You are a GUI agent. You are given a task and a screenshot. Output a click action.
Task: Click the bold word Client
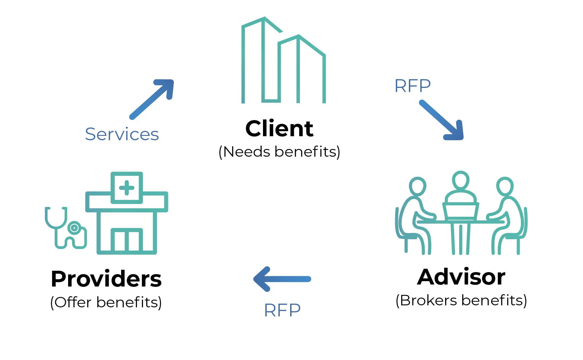(279, 128)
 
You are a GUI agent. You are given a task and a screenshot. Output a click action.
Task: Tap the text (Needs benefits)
(279, 152)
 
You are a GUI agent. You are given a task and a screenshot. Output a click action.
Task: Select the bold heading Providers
(106, 279)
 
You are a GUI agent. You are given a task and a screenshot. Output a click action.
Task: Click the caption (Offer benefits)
(106, 302)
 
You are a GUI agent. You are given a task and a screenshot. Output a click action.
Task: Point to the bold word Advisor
(461, 277)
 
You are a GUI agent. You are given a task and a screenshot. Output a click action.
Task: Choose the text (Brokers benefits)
(461, 301)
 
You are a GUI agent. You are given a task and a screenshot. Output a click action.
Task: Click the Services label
(122, 134)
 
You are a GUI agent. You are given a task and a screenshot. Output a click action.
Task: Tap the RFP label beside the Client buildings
(412, 86)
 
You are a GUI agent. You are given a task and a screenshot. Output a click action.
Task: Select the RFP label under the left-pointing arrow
(282, 310)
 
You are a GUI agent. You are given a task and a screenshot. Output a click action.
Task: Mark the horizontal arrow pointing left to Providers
(282, 279)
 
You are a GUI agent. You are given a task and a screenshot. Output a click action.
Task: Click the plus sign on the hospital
(127, 188)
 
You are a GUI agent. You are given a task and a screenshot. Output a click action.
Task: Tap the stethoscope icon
(65, 228)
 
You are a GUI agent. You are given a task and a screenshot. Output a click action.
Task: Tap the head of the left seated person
(418, 186)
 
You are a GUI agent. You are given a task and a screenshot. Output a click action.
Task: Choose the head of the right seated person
(505, 186)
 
